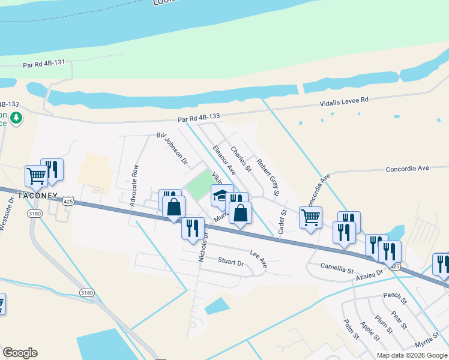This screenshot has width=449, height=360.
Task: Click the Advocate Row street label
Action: tap(134, 186)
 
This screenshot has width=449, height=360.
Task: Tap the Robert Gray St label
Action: tap(268, 178)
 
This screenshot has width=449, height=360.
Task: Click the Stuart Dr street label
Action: tap(231, 262)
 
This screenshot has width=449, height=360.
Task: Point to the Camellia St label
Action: tap(337, 268)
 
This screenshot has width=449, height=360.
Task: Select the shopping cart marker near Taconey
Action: tap(36, 176)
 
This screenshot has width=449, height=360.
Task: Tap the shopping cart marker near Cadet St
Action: tap(310, 217)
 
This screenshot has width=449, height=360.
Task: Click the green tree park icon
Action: tap(17, 118)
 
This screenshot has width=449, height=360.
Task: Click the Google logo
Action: tap(20, 353)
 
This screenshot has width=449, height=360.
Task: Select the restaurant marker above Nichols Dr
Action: tap(193, 228)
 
